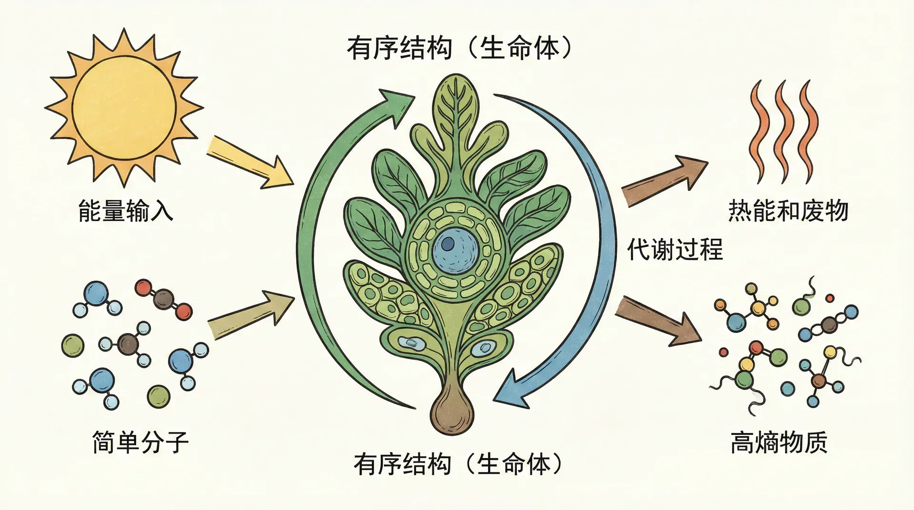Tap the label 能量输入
(x=126, y=211)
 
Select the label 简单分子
(x=140, y=442)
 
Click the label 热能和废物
(x=788, y=211)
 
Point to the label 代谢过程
(x=675, y=249)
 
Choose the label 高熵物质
(x=779, y=442)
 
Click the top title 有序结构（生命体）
(x=459, y=49)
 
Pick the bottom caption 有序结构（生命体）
(x=458, y=464)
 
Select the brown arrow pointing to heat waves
(x=665, y=181)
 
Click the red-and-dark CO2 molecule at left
(x=163, y=300)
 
